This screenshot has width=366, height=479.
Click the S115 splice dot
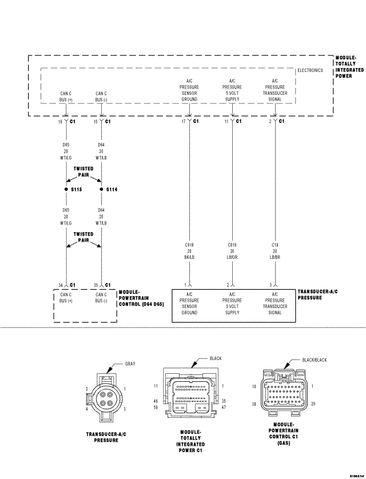point(66,189)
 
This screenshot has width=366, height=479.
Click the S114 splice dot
point(101,189)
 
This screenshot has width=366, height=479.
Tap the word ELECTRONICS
point(310,70)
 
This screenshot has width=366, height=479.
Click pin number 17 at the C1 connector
point(184,122)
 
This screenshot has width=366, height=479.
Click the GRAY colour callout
point(130,364)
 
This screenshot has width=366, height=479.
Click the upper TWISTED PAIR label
point(83,171)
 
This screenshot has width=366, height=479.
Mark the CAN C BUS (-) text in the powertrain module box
point(101,297)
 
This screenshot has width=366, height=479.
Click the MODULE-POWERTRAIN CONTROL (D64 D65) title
point(141,298)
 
